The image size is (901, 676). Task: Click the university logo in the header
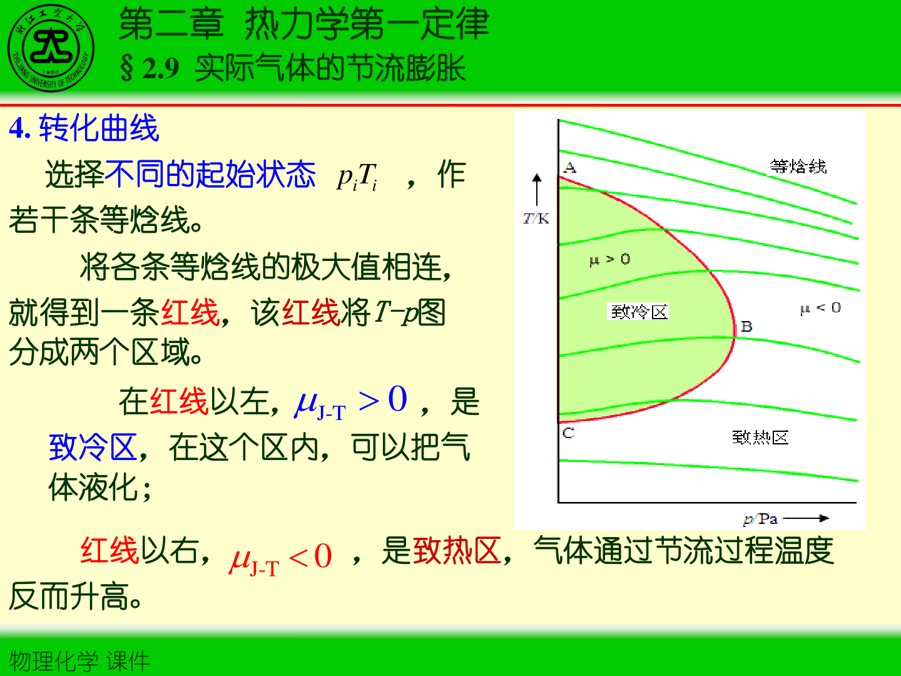(x=51, y=49)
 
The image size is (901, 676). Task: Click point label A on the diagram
(x=569, y=168)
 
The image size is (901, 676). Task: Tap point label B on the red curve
(x=746, y=326)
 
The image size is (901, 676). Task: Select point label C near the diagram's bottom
(x=568, y=433)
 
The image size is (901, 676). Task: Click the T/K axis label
(x=536, y=218)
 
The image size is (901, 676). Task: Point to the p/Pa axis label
(x=760, y=519)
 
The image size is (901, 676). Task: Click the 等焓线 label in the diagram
(x=798, y=166)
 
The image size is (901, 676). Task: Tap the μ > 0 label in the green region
(x=609, y=259)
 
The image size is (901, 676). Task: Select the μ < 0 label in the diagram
(x=820, y=308)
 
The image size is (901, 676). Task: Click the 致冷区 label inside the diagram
(x=639, y=312)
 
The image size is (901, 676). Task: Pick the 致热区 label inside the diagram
(x=760, y=437)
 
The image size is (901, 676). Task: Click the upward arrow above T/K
(x=537, y=188)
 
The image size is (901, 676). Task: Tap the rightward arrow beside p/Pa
(x=807, y=518)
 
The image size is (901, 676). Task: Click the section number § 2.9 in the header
(x=150, y=68)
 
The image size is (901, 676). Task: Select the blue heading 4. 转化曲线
(x=84, y=128)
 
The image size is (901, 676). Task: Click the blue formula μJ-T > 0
(x=351, y=402)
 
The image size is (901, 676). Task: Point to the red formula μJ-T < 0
(x=281, y=557)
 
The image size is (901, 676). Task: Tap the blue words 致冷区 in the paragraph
(x=93, y=448)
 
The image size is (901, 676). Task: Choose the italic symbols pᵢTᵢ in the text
(x=357, y=177)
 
